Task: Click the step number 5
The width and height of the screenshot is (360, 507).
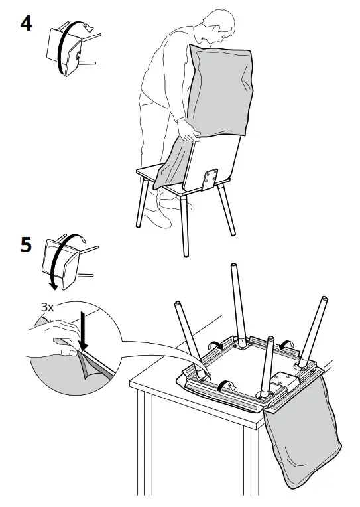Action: coord(25,245)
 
